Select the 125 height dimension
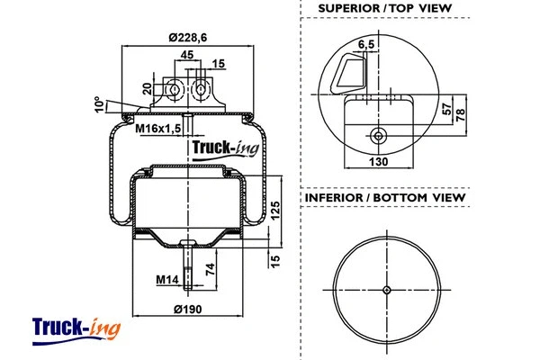point(275,210)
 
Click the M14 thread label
point(166,281)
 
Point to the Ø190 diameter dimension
point(187,310)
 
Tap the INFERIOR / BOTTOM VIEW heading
point(384,197)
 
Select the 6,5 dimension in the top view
point(366,43)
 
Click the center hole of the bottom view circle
point(386,290)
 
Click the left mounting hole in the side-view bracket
point(174,91)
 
